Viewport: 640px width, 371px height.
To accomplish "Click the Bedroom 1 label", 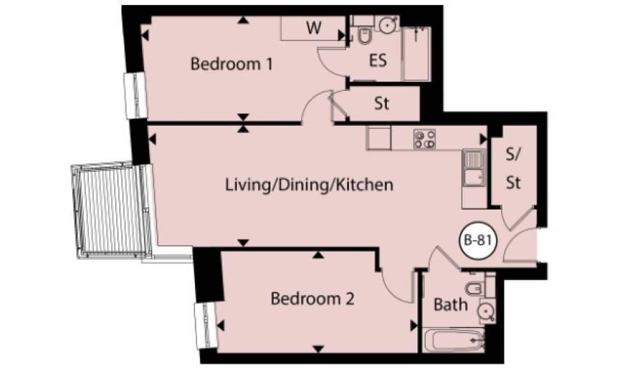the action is coord(231,64).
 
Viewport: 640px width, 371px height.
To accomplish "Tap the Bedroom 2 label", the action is coord(312,299).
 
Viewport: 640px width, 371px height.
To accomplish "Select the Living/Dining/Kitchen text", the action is coord(309,185).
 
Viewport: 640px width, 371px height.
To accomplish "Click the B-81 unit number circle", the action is coord(478,240).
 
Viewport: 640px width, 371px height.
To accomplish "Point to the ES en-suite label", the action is coord(377,60).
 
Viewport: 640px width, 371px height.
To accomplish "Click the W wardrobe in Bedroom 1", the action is coord(313,28).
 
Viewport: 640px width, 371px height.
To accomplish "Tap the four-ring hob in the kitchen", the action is coord(425,139).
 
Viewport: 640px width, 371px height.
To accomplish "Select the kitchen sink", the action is coord(473,169).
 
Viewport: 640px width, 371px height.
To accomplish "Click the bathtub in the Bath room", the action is coord(454,340).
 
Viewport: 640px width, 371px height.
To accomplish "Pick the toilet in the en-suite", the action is coord(364,36).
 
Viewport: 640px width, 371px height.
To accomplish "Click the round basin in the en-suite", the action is coord(387,25).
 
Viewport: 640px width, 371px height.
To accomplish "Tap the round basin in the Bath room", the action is coord(486,311).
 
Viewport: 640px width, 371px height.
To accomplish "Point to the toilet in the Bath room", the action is coord(475,289).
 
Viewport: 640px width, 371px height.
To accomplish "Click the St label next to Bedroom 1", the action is coord(381,104).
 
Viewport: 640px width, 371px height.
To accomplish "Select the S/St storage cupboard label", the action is coord(513,168).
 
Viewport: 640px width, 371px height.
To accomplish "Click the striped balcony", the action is coord(109,210).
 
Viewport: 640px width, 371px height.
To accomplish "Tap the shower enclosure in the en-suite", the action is coord(416,53).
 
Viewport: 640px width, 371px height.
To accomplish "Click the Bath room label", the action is coord(450,305).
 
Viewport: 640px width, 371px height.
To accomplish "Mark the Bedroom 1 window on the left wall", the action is coord(135,95).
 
